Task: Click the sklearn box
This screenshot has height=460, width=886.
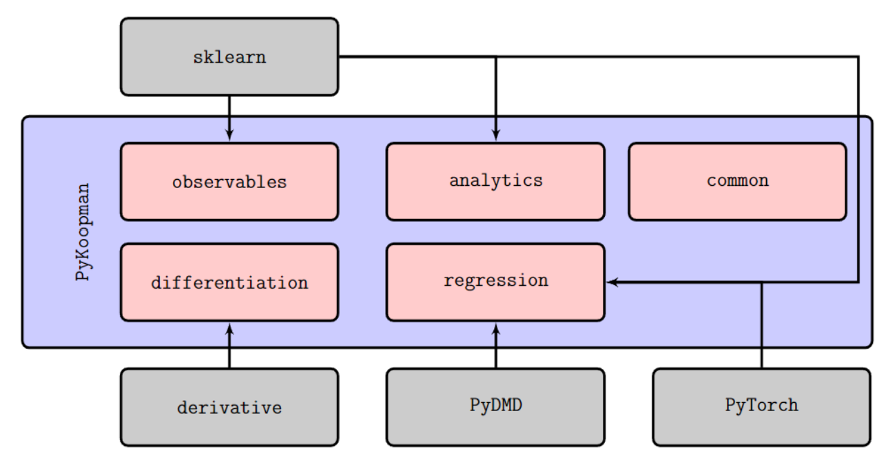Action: (x=229, y=56)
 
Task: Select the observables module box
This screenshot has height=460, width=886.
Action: (x=229, y=181)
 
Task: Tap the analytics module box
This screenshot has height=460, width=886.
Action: (x=495, y=181)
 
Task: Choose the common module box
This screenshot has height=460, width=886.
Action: (x=738, y=181)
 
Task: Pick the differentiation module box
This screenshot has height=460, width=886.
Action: (x=229, y=282)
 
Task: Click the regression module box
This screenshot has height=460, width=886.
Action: (x=495, y=282)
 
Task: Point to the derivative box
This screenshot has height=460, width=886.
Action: (x=229, y=407)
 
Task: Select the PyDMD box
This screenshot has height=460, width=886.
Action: (x=495, y=407)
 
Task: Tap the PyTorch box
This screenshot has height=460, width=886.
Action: (x=762, y=407)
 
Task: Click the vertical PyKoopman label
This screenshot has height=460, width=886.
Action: (x=83, y=232)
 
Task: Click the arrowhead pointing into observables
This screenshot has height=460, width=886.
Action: (x=229, y=134)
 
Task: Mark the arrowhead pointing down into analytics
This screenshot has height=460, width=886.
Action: (x=496, y=134)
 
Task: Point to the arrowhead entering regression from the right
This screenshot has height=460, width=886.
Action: (x=612, y=282)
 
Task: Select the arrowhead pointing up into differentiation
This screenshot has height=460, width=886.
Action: (x=229, y=329)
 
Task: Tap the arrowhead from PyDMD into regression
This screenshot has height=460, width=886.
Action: (x=496, y=329)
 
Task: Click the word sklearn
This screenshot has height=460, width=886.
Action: (x=229, y=58)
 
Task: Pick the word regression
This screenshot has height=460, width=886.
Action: (x=496, y=280)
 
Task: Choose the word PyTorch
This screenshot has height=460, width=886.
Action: (x=762, y=406)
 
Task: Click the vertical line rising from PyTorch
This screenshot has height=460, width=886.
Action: (x=762, y=325)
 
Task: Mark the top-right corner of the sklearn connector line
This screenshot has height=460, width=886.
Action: (x=858, y=57)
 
